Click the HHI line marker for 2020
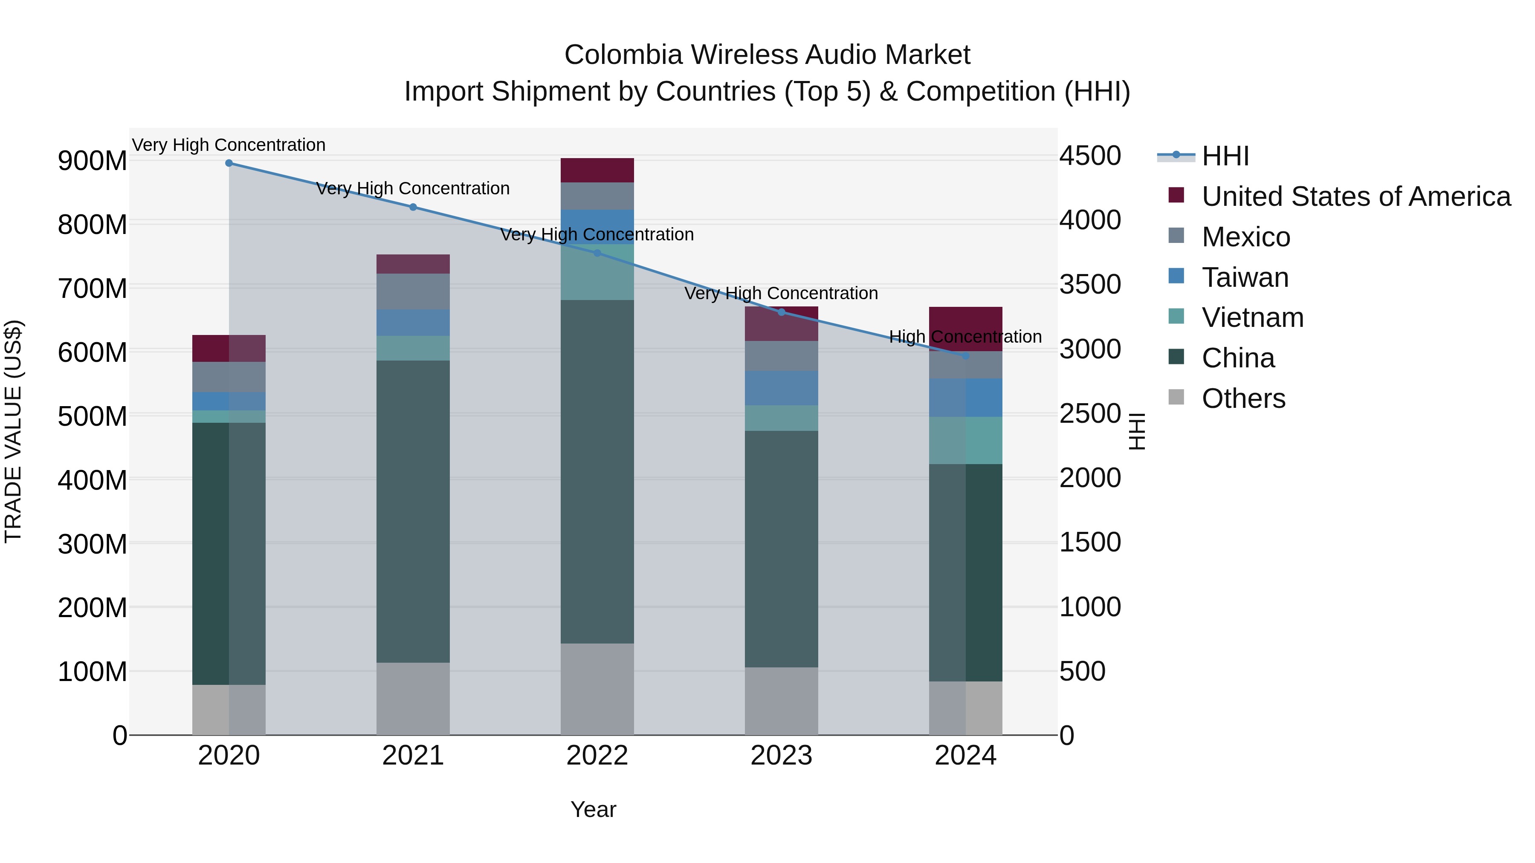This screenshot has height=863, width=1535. tap(229, 163)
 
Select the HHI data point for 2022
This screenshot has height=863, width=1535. tap(597, 253)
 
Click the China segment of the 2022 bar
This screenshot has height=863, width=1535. tap(597, 470)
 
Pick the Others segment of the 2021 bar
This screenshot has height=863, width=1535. tap(413, 698)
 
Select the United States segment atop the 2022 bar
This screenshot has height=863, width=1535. tap(597, 170)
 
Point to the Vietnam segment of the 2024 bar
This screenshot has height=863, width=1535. tap(965, 440)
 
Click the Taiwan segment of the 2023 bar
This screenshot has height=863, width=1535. tap(781, 388)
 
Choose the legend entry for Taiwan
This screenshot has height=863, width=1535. tap(1244, 277)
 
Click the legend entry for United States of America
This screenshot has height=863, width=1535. tap(1355, 196)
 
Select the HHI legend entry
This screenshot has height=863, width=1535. tap(1225, 156)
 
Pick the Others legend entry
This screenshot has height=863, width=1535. tap(1243, 398)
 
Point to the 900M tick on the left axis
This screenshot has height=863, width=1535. tap(93, 161)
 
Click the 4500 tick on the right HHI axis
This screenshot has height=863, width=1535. tap(1090, 156)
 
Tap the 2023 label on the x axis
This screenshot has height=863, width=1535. tap(781, 756)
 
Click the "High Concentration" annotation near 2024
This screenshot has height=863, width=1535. tap(965, 337)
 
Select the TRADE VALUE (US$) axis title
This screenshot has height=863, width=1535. tap(13, 431)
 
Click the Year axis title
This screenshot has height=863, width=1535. tap(593, 809)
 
